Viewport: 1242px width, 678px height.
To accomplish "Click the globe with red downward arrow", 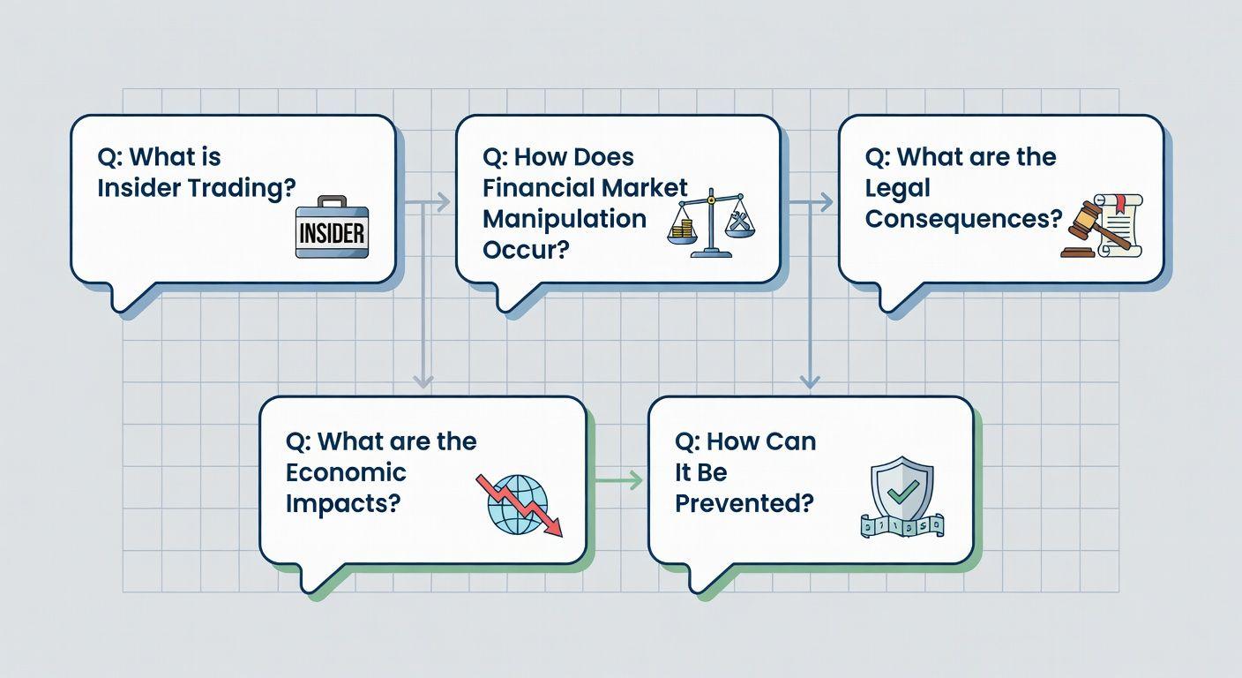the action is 519,504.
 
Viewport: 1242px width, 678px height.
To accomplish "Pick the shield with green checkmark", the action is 902,497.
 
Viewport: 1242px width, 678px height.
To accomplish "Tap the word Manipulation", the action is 565,219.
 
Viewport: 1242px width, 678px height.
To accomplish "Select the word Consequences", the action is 963,219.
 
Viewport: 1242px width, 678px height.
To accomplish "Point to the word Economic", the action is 346,472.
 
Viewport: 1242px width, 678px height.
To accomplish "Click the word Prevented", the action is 744,504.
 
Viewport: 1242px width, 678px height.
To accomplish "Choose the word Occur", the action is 526,250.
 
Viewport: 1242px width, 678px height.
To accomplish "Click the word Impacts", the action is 342,504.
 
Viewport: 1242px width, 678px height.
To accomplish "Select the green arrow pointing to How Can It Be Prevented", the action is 617,480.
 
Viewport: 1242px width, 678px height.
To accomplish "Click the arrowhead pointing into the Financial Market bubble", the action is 443,202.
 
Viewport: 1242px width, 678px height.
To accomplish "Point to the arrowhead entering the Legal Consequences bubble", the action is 827,202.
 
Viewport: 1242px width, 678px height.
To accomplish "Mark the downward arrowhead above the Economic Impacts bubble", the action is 423,381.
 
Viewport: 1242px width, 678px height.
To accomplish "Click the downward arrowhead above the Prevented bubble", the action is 810,381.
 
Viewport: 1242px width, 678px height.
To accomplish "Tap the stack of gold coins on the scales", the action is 683,230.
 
